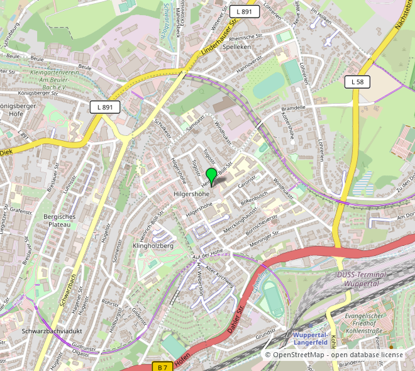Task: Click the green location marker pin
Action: (211, 175)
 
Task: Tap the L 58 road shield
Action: (357, 82)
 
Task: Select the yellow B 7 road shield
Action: (163, 367)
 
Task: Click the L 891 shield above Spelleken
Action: (245, 12)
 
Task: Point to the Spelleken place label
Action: (236, 47)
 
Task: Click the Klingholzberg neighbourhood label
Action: (153, 246)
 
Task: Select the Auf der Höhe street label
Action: (208, 253)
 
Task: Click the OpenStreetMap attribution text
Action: (334, 355)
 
